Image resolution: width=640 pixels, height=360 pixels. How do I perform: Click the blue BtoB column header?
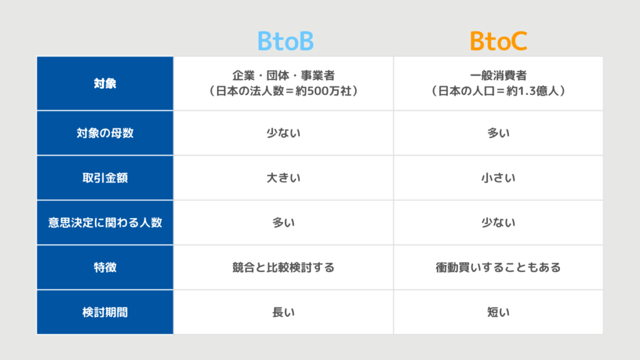[285, 41]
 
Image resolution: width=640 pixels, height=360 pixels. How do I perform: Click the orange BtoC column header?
[498, 41]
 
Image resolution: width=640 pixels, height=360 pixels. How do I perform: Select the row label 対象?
[105, 84]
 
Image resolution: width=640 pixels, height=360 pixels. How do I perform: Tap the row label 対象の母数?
[105, 133]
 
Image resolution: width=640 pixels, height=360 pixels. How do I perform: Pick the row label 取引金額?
[105, 178]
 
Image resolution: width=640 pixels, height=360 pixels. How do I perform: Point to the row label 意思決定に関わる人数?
[105, 222]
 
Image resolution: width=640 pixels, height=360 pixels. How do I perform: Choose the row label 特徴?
[105, 267]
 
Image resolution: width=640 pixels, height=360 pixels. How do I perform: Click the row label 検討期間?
[105, 312]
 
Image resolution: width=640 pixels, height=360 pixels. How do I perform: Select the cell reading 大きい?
[283, 178]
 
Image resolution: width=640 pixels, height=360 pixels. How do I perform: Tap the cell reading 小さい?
[498, 178]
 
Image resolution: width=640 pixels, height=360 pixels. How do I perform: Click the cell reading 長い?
[283, 312]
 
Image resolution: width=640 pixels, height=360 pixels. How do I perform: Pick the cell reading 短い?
[498, 312]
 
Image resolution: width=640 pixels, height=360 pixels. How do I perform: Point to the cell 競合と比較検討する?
[283, 267]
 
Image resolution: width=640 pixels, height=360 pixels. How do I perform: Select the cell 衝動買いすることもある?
[498, 267]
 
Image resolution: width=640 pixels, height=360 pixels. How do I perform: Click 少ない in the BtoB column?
[283, 133]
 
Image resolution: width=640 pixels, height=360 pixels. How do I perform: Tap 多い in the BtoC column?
[498, 133]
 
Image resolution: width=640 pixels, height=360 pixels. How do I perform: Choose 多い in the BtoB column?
[283, 222]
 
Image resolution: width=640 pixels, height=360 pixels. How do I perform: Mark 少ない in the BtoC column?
[498, 222]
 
